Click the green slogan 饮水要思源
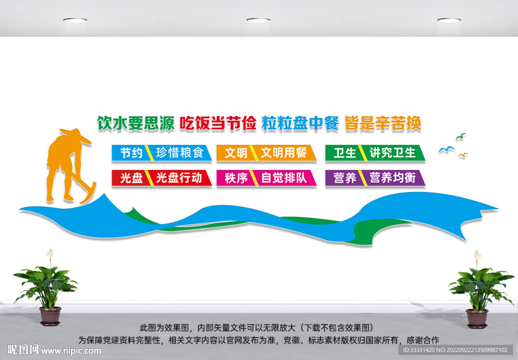click(136, 124)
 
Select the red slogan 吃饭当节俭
click(218, 124)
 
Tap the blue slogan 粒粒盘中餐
click(300, 124)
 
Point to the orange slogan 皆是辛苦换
click(383, 124)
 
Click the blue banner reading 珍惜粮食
click(162, 153)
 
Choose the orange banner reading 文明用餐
click(267, 153)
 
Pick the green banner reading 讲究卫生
click(375, 153)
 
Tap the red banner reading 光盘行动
click(162, 178)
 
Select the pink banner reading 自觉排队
click(267, 178)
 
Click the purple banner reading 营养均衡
click(375, 178)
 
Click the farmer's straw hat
click(75, 135)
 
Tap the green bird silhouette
click(461, 136)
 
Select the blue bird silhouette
click(446, 150)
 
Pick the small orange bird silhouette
click(463, 155)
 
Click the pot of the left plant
click(50, 316)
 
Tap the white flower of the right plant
click(477, 255)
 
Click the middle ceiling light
click(258, 20)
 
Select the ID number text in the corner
click(455, 350)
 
